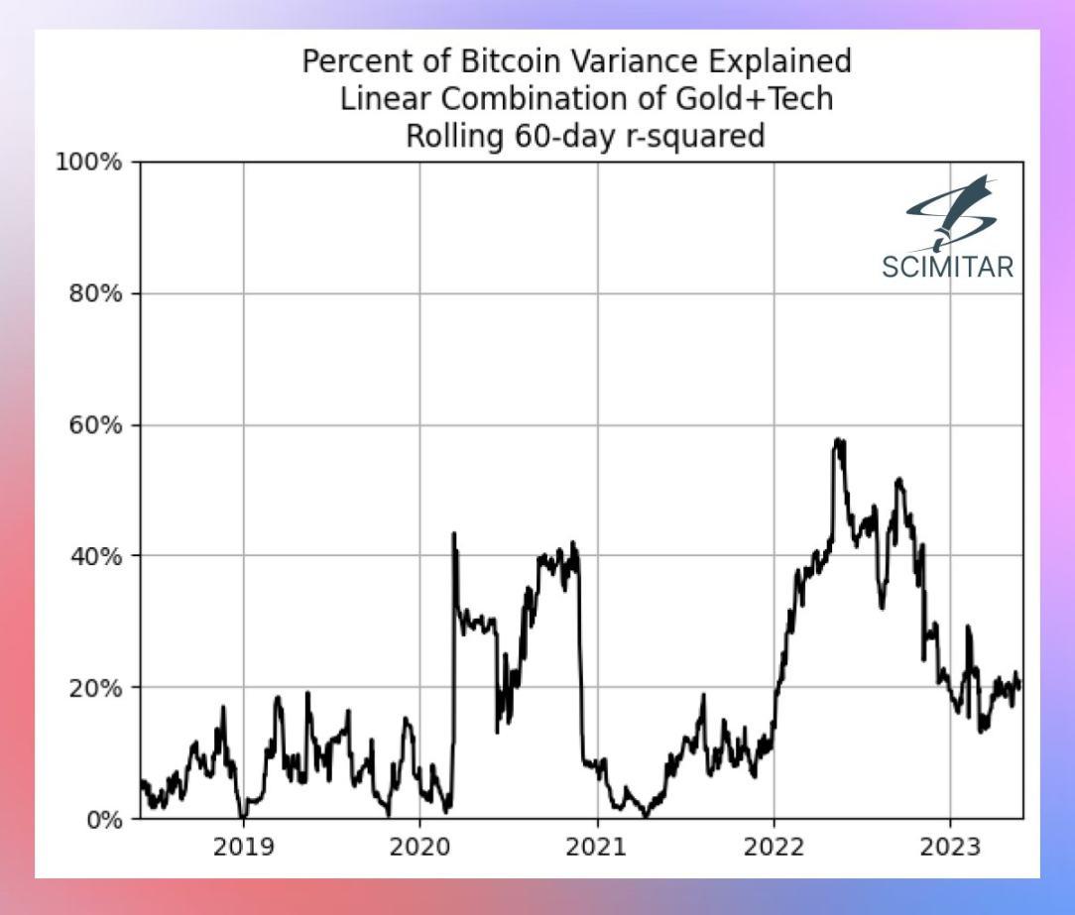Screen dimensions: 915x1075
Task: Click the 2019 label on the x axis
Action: [x=243, y=849]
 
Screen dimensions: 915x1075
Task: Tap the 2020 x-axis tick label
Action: [x=419, y=849]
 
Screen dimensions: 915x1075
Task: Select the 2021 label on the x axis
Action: [x=597, y=849]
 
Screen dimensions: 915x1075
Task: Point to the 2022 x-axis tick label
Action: [x=774, y=849]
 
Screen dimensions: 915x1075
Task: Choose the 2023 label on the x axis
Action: [x=950, y=849]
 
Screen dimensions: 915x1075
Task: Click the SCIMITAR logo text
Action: [x=947, y=266]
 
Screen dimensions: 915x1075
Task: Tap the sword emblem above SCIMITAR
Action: [x=950, y=214]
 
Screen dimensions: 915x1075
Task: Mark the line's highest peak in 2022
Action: [x=839, y=439]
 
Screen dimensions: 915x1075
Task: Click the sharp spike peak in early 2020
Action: [x=454, y=533]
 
